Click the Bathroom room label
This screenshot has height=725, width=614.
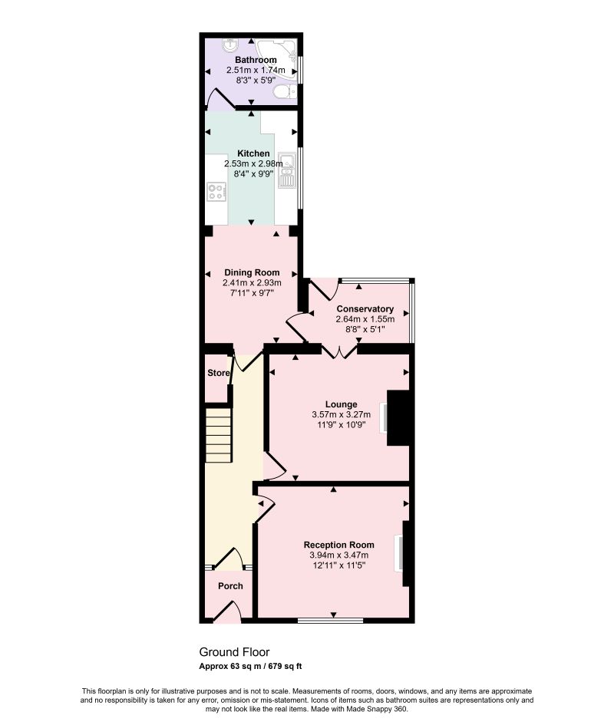point(256,60)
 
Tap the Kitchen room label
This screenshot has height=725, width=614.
point(253,153)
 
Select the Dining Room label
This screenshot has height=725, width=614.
point(252,273)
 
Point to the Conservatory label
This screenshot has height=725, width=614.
point(365,309)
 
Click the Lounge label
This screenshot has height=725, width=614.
point(341,404)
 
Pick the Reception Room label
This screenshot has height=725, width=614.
point(338,545)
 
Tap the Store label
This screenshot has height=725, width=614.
point(219,373)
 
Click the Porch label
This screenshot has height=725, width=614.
point(230,586)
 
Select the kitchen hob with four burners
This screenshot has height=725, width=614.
point(216,192)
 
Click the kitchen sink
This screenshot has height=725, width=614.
point(287,170)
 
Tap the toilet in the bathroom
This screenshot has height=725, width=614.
point(285,91)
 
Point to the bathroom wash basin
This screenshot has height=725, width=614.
point(230,44)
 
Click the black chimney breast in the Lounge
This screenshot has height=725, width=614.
point(398,418)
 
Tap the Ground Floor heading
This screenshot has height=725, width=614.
point(234,652)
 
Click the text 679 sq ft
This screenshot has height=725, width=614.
point(285,666)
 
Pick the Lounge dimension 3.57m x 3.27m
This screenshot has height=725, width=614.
point(341,415)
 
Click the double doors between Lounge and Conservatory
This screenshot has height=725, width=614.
point(340,352)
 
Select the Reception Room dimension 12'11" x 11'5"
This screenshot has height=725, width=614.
point(339,565)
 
